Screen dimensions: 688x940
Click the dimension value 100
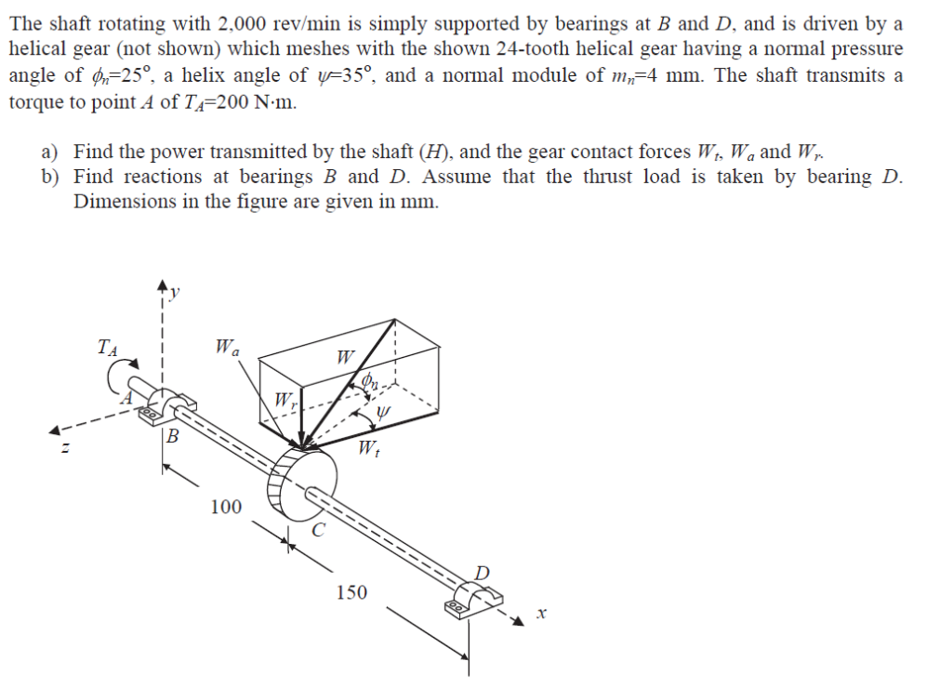[x=226, y=508]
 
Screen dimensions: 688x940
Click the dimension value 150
[x=351, y=592]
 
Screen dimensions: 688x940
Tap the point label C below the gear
[x=318, y=532]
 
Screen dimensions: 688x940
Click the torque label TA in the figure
[x=108, y=349]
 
